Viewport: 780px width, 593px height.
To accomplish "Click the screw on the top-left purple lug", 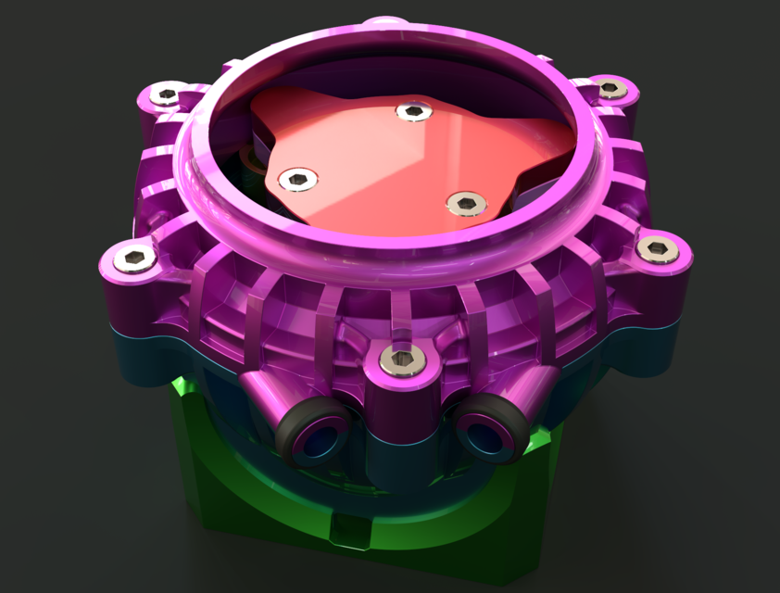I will (169, 94).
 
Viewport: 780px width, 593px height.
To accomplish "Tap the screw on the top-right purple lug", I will (609, 89).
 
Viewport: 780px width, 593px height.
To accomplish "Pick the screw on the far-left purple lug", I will (135, 259).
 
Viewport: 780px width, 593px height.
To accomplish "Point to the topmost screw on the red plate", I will (413, 112).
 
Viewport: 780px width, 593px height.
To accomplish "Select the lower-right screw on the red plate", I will (466, 202).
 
